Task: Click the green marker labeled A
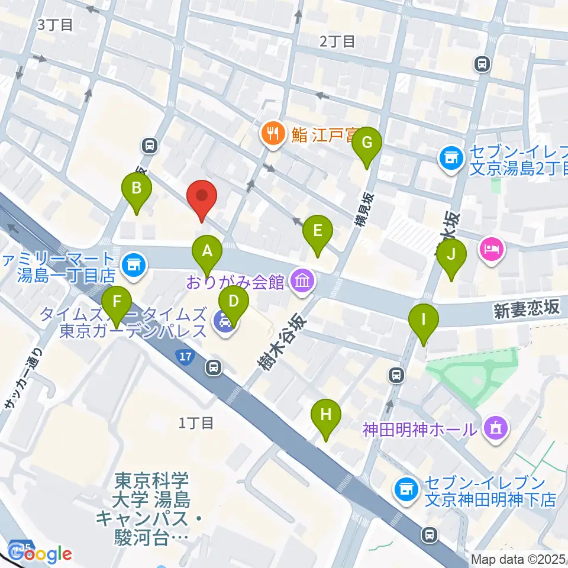coord(207,251)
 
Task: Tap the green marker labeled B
coord(137,189)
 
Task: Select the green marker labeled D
coord(234,302)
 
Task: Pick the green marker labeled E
coord(318,231)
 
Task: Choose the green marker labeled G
coord(367,143)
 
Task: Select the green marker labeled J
coord(451,255)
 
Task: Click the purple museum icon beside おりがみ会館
coord(303,280)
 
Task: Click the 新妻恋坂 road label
coord(526,309)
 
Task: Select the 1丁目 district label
coord(195,422)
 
